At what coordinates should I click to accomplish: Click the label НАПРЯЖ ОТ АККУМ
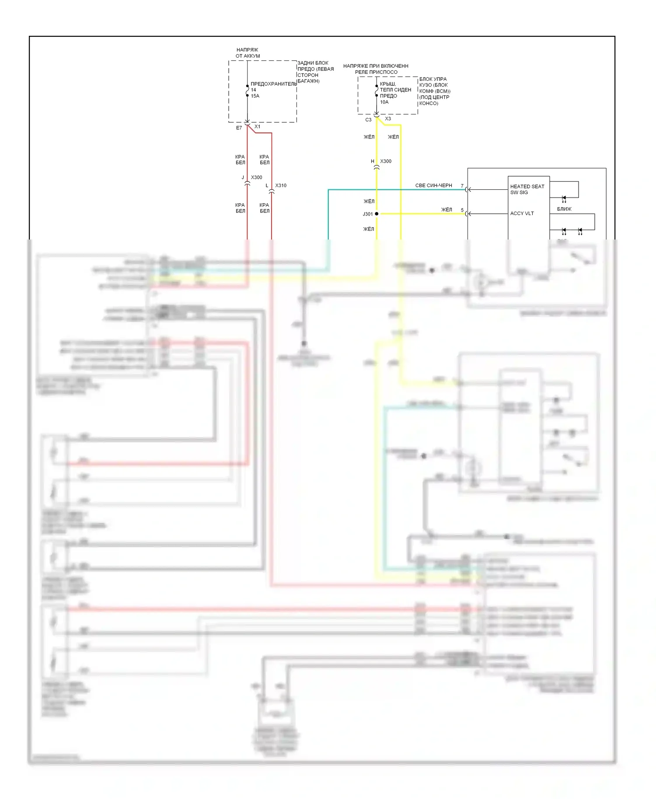pos(248,53)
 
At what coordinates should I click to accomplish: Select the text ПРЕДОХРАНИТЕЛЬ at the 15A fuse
pos(273,84)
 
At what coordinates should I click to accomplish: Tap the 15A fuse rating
pos(255,96)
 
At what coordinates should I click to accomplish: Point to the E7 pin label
pos(239,128)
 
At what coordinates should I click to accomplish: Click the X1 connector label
pos(258,127)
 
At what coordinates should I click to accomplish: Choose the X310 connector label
pos(281,186)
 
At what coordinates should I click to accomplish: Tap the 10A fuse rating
pos(384,102)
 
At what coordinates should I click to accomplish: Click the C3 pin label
pos(368,120)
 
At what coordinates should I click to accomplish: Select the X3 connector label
pos(388,119)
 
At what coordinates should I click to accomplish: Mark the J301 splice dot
pos(377,214)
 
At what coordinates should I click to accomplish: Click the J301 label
pos(367,214)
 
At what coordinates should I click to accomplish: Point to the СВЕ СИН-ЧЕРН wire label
pos(433,186)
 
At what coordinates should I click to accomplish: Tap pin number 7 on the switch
pos(462,186)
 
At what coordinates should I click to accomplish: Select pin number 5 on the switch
pos(462,210)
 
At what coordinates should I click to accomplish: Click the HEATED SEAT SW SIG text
pos(527,189)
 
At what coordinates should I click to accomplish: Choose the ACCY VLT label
pos(522,214)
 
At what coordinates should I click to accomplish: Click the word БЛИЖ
pos(564,209)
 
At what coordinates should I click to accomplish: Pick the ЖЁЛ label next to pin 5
pos(447,210)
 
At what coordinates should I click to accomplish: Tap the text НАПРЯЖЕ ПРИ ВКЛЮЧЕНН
pos(376,66)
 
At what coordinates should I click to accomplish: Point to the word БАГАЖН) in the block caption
pos(309,81)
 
